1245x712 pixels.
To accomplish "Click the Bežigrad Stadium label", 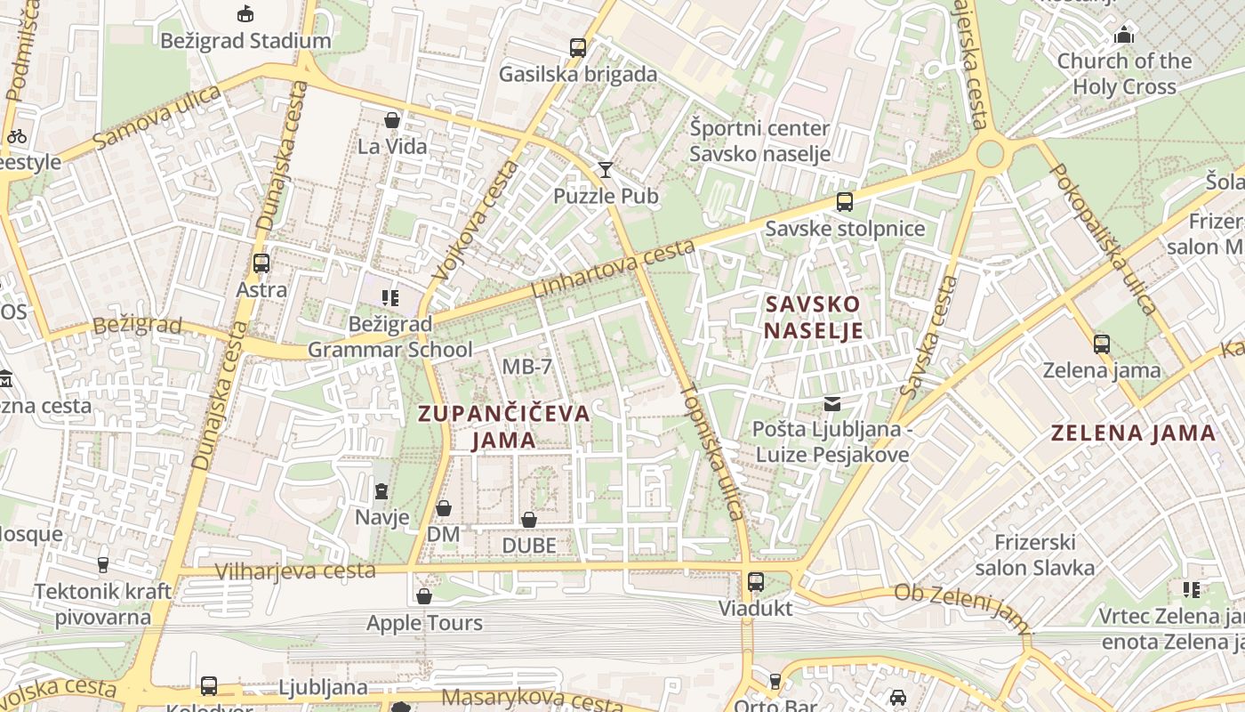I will point(245,41).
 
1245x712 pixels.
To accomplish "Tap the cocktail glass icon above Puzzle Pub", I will point(606,169).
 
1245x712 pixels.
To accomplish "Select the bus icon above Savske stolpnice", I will point(845,202).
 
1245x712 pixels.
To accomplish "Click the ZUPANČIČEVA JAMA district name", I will point(504,425).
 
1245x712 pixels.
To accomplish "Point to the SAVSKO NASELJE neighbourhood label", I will point(814,317).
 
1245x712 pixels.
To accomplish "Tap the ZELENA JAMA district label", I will point(1133,433).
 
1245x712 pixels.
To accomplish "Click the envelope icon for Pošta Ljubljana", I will point(831,404).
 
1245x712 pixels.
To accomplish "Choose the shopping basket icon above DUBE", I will point(529,520).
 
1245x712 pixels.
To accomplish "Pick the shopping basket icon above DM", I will point(444,508).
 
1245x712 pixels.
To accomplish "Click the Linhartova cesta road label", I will point(613,268).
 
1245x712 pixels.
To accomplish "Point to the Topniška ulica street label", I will point(711,451).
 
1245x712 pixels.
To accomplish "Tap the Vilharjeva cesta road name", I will point(295,570).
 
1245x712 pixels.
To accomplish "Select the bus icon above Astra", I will point(261,263).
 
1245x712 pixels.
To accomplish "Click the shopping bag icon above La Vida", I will point(392,120).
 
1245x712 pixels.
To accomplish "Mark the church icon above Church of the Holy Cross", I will point(1124,36).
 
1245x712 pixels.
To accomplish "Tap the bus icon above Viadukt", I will point(756,582).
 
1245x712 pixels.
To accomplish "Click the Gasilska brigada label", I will point(577,74).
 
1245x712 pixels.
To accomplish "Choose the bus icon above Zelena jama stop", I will point(1102,344).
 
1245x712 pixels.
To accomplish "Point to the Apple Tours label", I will point(424,623).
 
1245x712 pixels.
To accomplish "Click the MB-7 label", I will point(527,367).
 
